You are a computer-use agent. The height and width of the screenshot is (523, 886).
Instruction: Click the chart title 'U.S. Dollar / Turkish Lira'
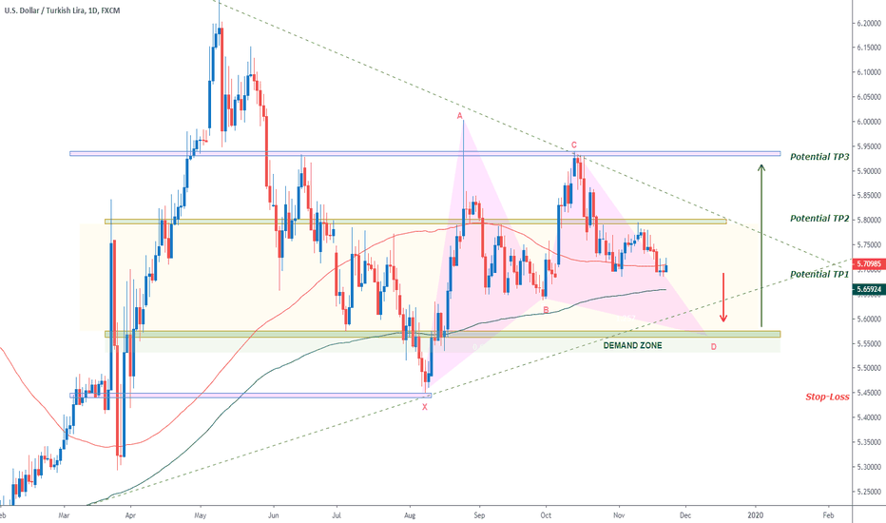pyautogui.click(x=57, y=10)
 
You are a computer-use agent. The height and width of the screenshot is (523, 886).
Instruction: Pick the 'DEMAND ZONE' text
pyautogui.click(x=632, y=345)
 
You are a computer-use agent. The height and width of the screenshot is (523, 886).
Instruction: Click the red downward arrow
pyautogui.click(x=723, y=297)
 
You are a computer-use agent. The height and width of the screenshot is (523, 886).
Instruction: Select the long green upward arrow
pyautogui.click(x=761, y=243)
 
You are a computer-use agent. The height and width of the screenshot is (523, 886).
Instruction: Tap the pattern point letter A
pyautogui.click(x=460, y=116)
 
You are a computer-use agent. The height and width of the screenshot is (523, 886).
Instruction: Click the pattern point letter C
pyautogui.click(x=573, y=145)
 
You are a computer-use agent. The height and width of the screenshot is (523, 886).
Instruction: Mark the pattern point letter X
pyautogui.click(x=425, y=406)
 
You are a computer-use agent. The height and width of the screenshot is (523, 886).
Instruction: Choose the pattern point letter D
pyautogui.click(x=713, y=347)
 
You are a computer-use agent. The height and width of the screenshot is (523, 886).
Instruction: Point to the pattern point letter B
pyautogui.click(x=545, y=309)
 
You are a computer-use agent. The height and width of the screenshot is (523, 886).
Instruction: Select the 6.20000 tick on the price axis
pyautogui.click(x=867, y=23)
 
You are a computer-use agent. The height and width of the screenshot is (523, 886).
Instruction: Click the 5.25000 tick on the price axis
pyautogui.click(x=867, y=492)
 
